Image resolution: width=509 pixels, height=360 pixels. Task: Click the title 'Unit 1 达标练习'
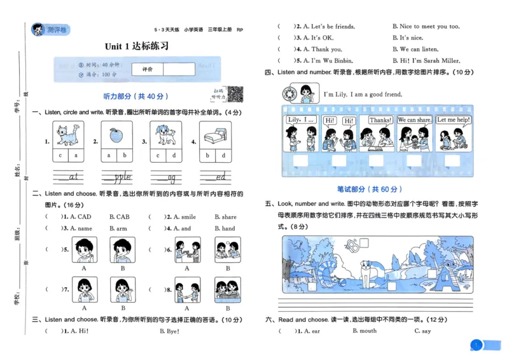point(137,46)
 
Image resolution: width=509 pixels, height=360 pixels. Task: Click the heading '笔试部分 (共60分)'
point(369,189)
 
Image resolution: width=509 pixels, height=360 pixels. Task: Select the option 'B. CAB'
point(119,217)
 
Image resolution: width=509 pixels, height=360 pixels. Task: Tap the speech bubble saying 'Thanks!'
point(380,120)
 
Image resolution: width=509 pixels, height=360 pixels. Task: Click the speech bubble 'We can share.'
point(414,120)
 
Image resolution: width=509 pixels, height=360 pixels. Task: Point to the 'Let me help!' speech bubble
point(454,120)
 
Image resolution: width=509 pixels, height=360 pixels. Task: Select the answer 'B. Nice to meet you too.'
point(425,27)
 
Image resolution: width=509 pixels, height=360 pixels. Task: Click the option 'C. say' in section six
point(422,331)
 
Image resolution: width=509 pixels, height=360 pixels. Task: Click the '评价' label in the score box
point(147,69)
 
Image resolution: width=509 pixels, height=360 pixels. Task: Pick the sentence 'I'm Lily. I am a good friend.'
point(363,95)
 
